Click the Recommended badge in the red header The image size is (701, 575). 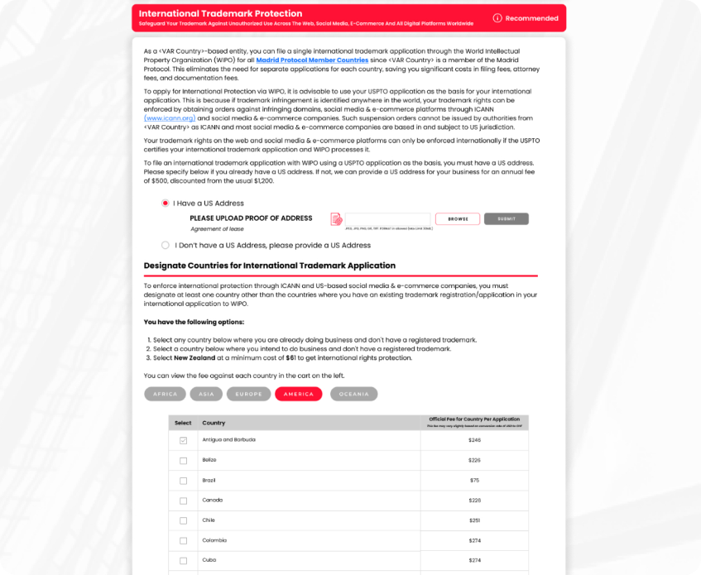pos(526,18)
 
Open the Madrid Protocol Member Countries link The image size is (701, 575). pos(312,60)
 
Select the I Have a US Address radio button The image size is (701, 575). pos(166,203)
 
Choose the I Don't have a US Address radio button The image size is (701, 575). pos(166,245)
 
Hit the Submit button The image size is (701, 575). pos(506,219)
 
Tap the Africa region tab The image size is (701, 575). pos(165,394)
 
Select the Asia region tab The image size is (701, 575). pos(206,394)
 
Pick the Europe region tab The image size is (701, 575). pos(249,394)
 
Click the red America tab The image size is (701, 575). pos(299,394)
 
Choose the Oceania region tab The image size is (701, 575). pos(354,394)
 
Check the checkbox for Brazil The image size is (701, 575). pos(183,480)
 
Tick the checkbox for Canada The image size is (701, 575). pos(183,501)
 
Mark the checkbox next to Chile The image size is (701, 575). pos(183,520)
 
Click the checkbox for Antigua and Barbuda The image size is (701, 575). pos(183,440)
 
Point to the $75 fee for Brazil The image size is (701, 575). pos(474,480)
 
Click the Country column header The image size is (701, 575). pos(214,423)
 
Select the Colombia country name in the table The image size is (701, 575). pos(214,540)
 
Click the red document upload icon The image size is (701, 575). pos(336,219)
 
